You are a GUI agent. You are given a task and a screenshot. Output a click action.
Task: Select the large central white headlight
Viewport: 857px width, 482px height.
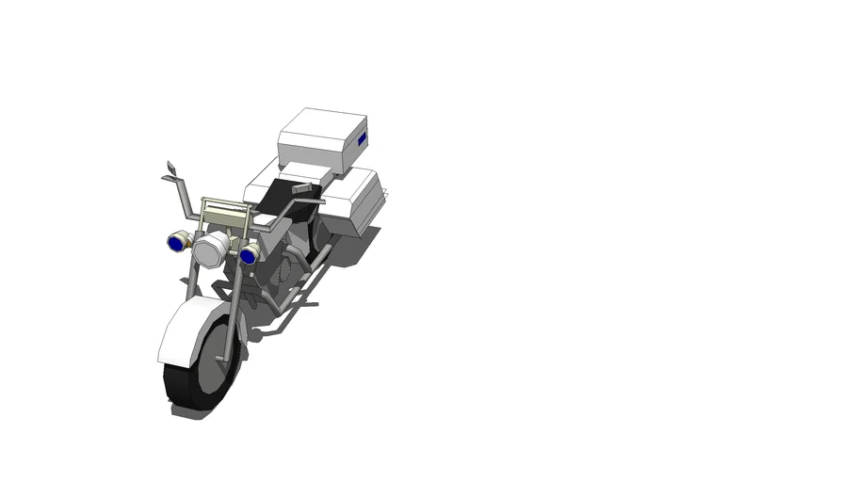212,248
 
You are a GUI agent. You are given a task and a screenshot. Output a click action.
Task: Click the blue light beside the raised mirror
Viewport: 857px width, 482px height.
175,243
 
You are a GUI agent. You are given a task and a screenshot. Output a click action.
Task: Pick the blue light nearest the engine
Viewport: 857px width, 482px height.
250,254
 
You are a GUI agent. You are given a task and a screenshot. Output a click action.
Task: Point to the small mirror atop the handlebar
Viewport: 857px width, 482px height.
170,168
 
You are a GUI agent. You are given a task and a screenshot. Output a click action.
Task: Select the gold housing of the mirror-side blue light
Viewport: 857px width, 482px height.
186,242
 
